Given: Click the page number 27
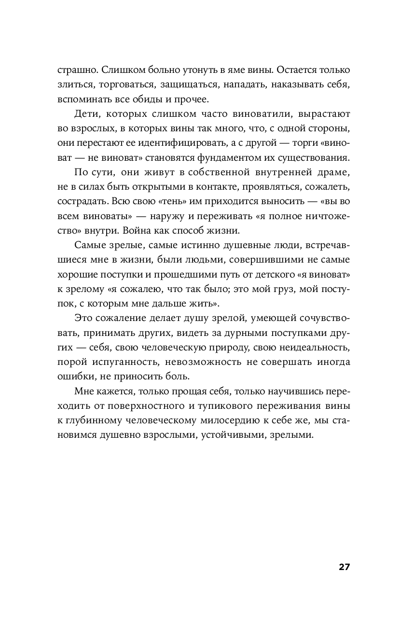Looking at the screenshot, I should [344, 567].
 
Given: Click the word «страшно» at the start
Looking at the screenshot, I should [75, 70].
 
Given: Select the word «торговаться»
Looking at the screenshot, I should [127, 85].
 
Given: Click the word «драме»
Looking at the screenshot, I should [331, 174].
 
